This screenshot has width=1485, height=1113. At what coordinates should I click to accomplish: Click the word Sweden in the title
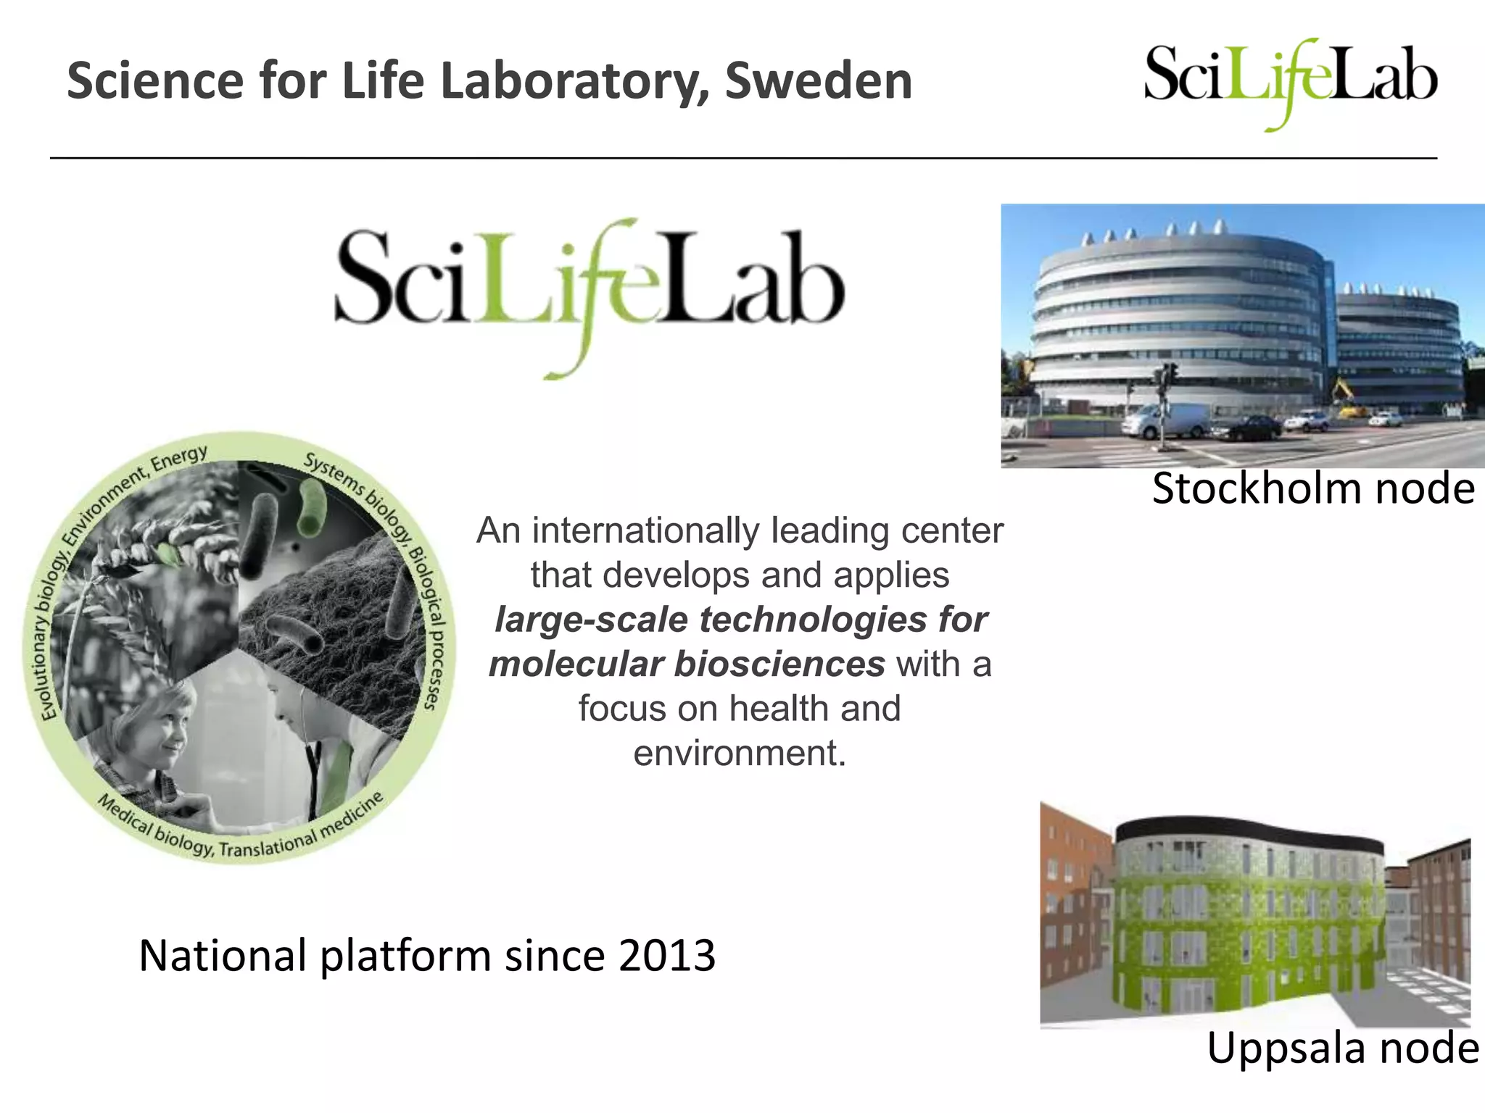(x=819, y=81)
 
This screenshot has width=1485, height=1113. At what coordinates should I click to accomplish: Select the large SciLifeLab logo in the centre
(x=589, y=290)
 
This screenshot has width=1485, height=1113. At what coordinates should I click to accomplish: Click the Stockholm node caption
(x=1313, y=488)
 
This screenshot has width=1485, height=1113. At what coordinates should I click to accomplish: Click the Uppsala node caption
(x=1342, y=1048)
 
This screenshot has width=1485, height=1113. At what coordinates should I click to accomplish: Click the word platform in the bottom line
(x=405, y=956)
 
